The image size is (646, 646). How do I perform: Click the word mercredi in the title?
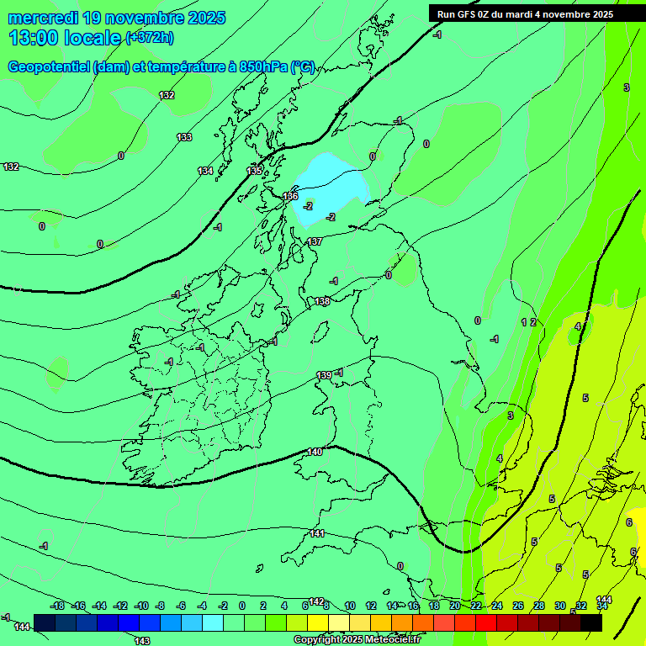click(45, 17)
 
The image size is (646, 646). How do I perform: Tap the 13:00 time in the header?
click(31, 38)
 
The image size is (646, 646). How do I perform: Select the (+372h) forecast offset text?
click(150, 38)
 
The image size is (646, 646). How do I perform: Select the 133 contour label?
click(184, 137)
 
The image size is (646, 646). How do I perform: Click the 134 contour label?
click(205, 171)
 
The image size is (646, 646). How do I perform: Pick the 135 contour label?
click(254, 171)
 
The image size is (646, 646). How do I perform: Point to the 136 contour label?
click(290, 196)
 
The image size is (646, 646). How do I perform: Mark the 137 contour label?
click(315, 241)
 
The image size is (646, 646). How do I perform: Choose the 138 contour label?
click(322, 301)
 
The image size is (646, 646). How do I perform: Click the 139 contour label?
click(325, 375)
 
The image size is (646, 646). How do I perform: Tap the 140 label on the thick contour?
click(315, 452)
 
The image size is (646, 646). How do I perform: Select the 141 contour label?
click(317, 533)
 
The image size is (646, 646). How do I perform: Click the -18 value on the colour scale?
click(58, 606)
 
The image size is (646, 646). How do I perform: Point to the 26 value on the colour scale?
click(517, 606)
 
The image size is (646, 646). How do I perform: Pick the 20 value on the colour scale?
click(455, 606)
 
